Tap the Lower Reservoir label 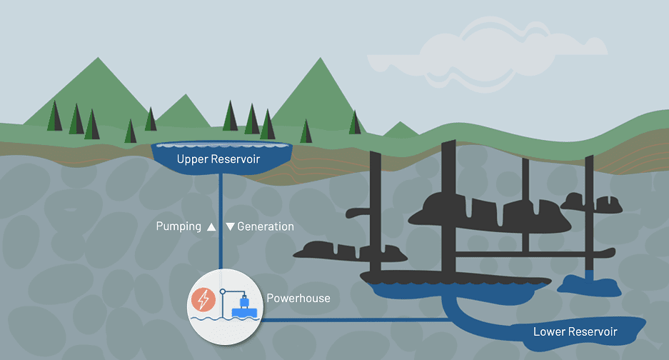coord(575,331)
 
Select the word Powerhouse coord(298,298)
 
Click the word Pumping coord(178,226)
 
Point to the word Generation coord(265,226)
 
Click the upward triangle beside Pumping coord(211,227)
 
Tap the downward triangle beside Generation coord(230,226)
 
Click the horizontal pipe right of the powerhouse coord(357,320)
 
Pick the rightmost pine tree coord(355,122)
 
